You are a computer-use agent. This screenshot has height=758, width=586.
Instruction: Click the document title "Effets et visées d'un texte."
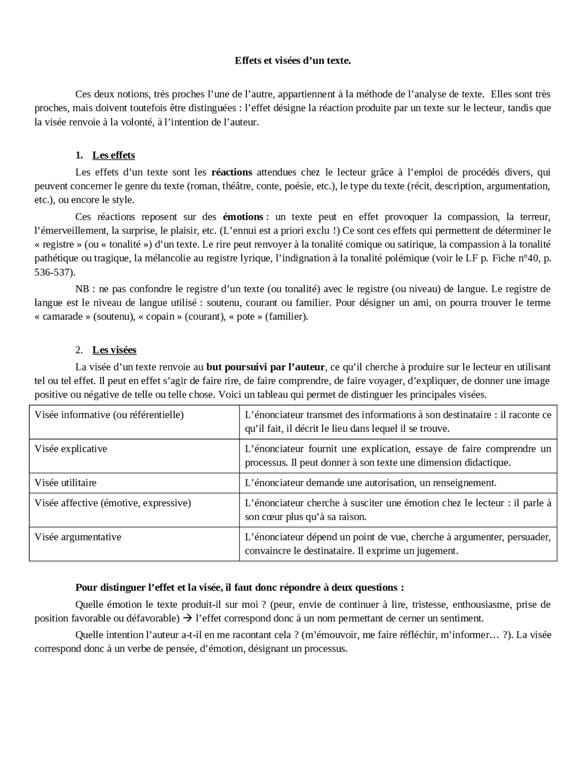(x=293, y=60)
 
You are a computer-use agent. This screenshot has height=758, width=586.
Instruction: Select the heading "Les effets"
(x=114, y=155)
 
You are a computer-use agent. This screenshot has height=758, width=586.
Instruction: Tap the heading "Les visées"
(x=114, y=350)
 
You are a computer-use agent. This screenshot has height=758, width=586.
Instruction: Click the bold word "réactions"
(x=232, y=173)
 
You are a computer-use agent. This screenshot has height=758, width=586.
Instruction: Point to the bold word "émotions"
(x=243, y=217)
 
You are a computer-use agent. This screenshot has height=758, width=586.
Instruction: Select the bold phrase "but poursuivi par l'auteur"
(x=266, y=367)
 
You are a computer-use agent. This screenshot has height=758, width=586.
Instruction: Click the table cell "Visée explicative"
(x=71, y=449)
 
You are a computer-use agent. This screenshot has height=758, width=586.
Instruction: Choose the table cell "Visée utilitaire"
(x=65, y=483)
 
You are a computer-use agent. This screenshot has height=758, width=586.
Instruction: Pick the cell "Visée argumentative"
(x=78, y=537)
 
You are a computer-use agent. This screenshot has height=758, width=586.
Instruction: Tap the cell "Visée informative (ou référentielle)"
(x=109, y=415)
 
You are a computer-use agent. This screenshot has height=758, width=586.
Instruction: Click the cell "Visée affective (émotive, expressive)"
(x=113, y=503)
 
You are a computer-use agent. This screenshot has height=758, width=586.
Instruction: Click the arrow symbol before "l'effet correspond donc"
(x=187, y=618)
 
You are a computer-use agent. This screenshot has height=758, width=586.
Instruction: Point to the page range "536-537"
(x=53, y=272)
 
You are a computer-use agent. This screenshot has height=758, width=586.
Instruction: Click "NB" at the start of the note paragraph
(x=82, y=289)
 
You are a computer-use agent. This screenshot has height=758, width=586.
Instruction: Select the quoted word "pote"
(x=245, y=317)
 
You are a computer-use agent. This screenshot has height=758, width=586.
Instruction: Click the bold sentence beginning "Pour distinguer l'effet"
(x=239, y=588)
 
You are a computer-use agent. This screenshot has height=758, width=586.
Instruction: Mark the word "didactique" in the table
(x=488, y=463)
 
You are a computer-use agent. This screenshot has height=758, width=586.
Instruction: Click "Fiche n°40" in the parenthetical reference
(x=515, y=258)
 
